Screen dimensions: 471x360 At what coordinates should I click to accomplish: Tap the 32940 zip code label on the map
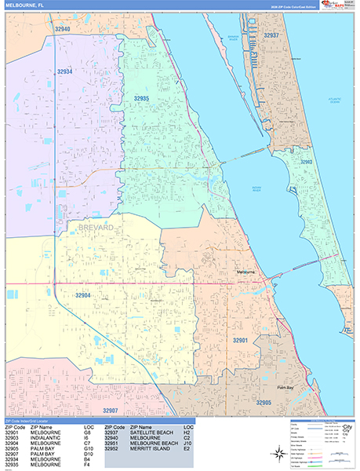tap(64, 29)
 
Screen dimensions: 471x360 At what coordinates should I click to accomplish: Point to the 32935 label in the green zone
tap(142, 98)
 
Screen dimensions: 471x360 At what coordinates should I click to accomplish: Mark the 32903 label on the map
tap(307, 162)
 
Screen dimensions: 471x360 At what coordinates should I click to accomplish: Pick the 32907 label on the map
tap(110, 411)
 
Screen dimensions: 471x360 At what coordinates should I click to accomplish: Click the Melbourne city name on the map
tap(245, 272)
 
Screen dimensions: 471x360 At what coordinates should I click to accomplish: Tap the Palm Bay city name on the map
tap(284, 387)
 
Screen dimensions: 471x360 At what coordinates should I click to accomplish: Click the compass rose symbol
tap(279, 451)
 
